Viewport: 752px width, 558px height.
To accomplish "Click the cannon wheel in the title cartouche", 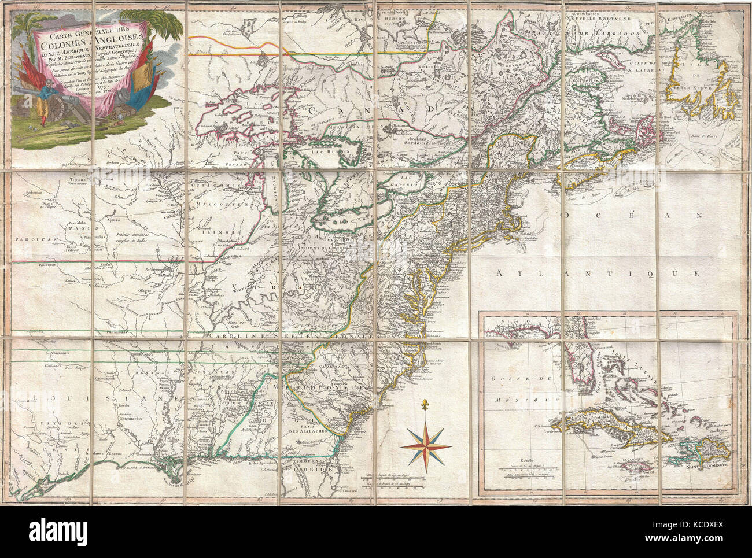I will tap(60, 108).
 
